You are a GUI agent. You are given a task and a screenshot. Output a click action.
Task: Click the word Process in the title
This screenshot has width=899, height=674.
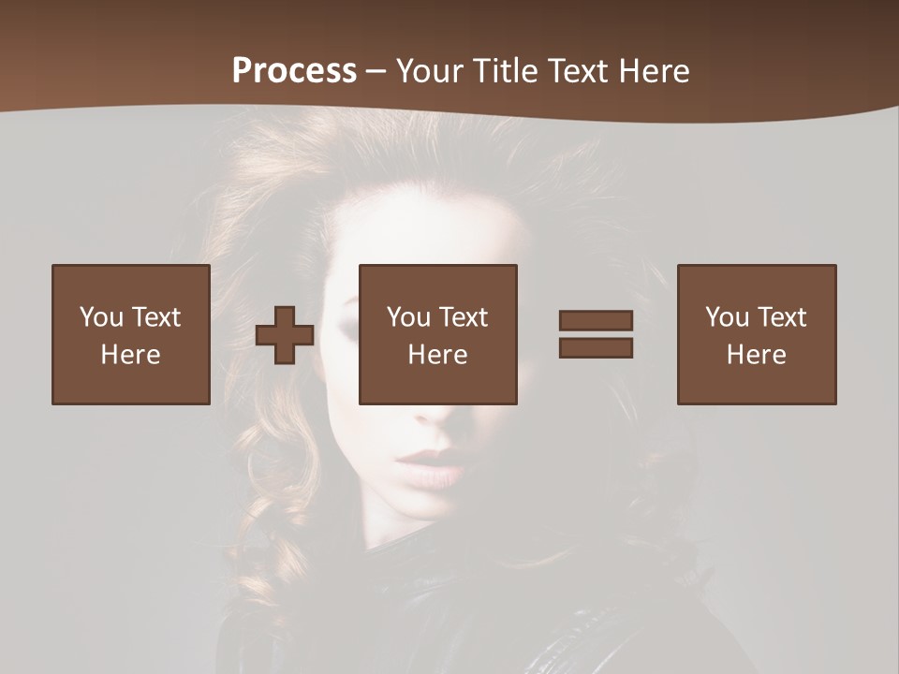(294, 71)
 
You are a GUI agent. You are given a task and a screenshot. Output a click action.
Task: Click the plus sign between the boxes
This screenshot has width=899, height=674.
(285, 335)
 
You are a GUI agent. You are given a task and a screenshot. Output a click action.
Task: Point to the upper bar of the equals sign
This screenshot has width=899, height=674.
(596, 320)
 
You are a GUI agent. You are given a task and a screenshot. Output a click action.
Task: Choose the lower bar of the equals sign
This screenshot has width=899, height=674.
(596, 347)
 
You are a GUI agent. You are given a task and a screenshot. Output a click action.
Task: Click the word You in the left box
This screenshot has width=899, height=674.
(101, 317)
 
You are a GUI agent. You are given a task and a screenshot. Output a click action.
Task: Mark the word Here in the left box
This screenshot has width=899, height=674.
(131, 355)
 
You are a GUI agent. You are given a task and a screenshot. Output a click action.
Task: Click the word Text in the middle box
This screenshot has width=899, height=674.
(463, 317)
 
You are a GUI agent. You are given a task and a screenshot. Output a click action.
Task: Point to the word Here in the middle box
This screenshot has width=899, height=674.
(438, 355)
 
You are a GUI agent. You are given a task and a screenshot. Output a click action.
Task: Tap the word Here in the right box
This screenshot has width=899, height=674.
(757, 355)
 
